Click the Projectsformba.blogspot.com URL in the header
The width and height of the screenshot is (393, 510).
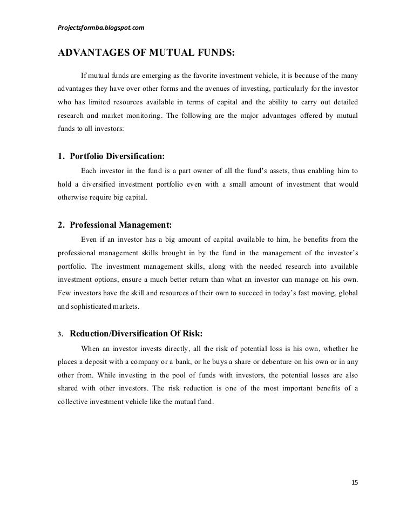coord(100,27)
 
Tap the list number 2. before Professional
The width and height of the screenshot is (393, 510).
coord(60,225)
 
